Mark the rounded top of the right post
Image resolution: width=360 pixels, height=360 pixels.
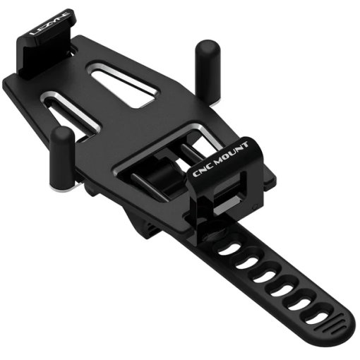coord(206,48)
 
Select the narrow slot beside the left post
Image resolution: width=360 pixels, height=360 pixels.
coord(78,120)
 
